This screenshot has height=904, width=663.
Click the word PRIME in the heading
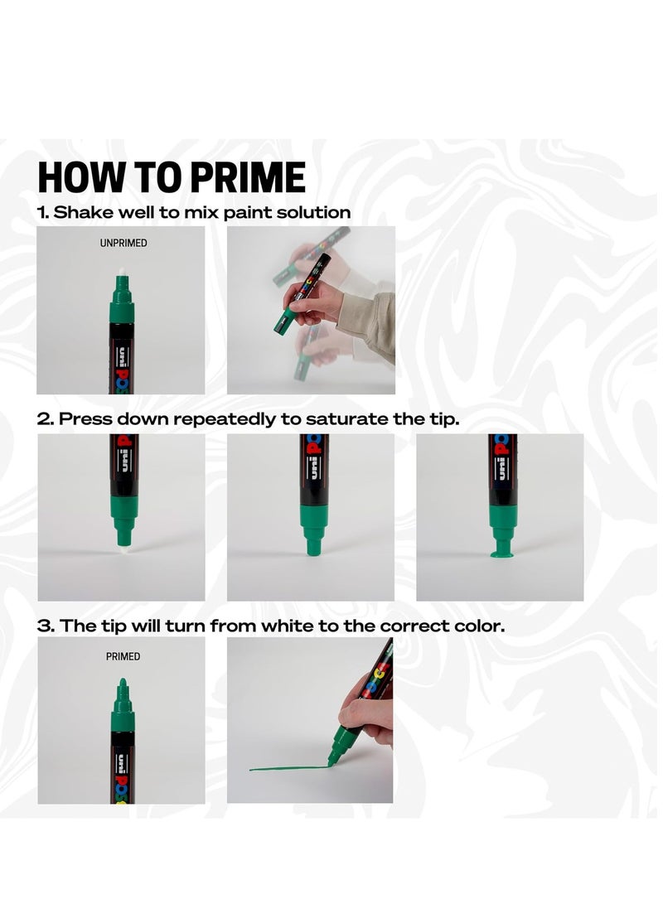pos(248,177)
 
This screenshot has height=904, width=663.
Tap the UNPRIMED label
pos(123,244)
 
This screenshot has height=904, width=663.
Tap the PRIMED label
pos(123,657)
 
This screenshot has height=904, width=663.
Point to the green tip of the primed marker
pos(122,686)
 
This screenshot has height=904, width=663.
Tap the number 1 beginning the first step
pos(42,213)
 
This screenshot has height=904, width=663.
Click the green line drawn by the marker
pos(288,768)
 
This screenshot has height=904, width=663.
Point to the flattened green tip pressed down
pos(503,554)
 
